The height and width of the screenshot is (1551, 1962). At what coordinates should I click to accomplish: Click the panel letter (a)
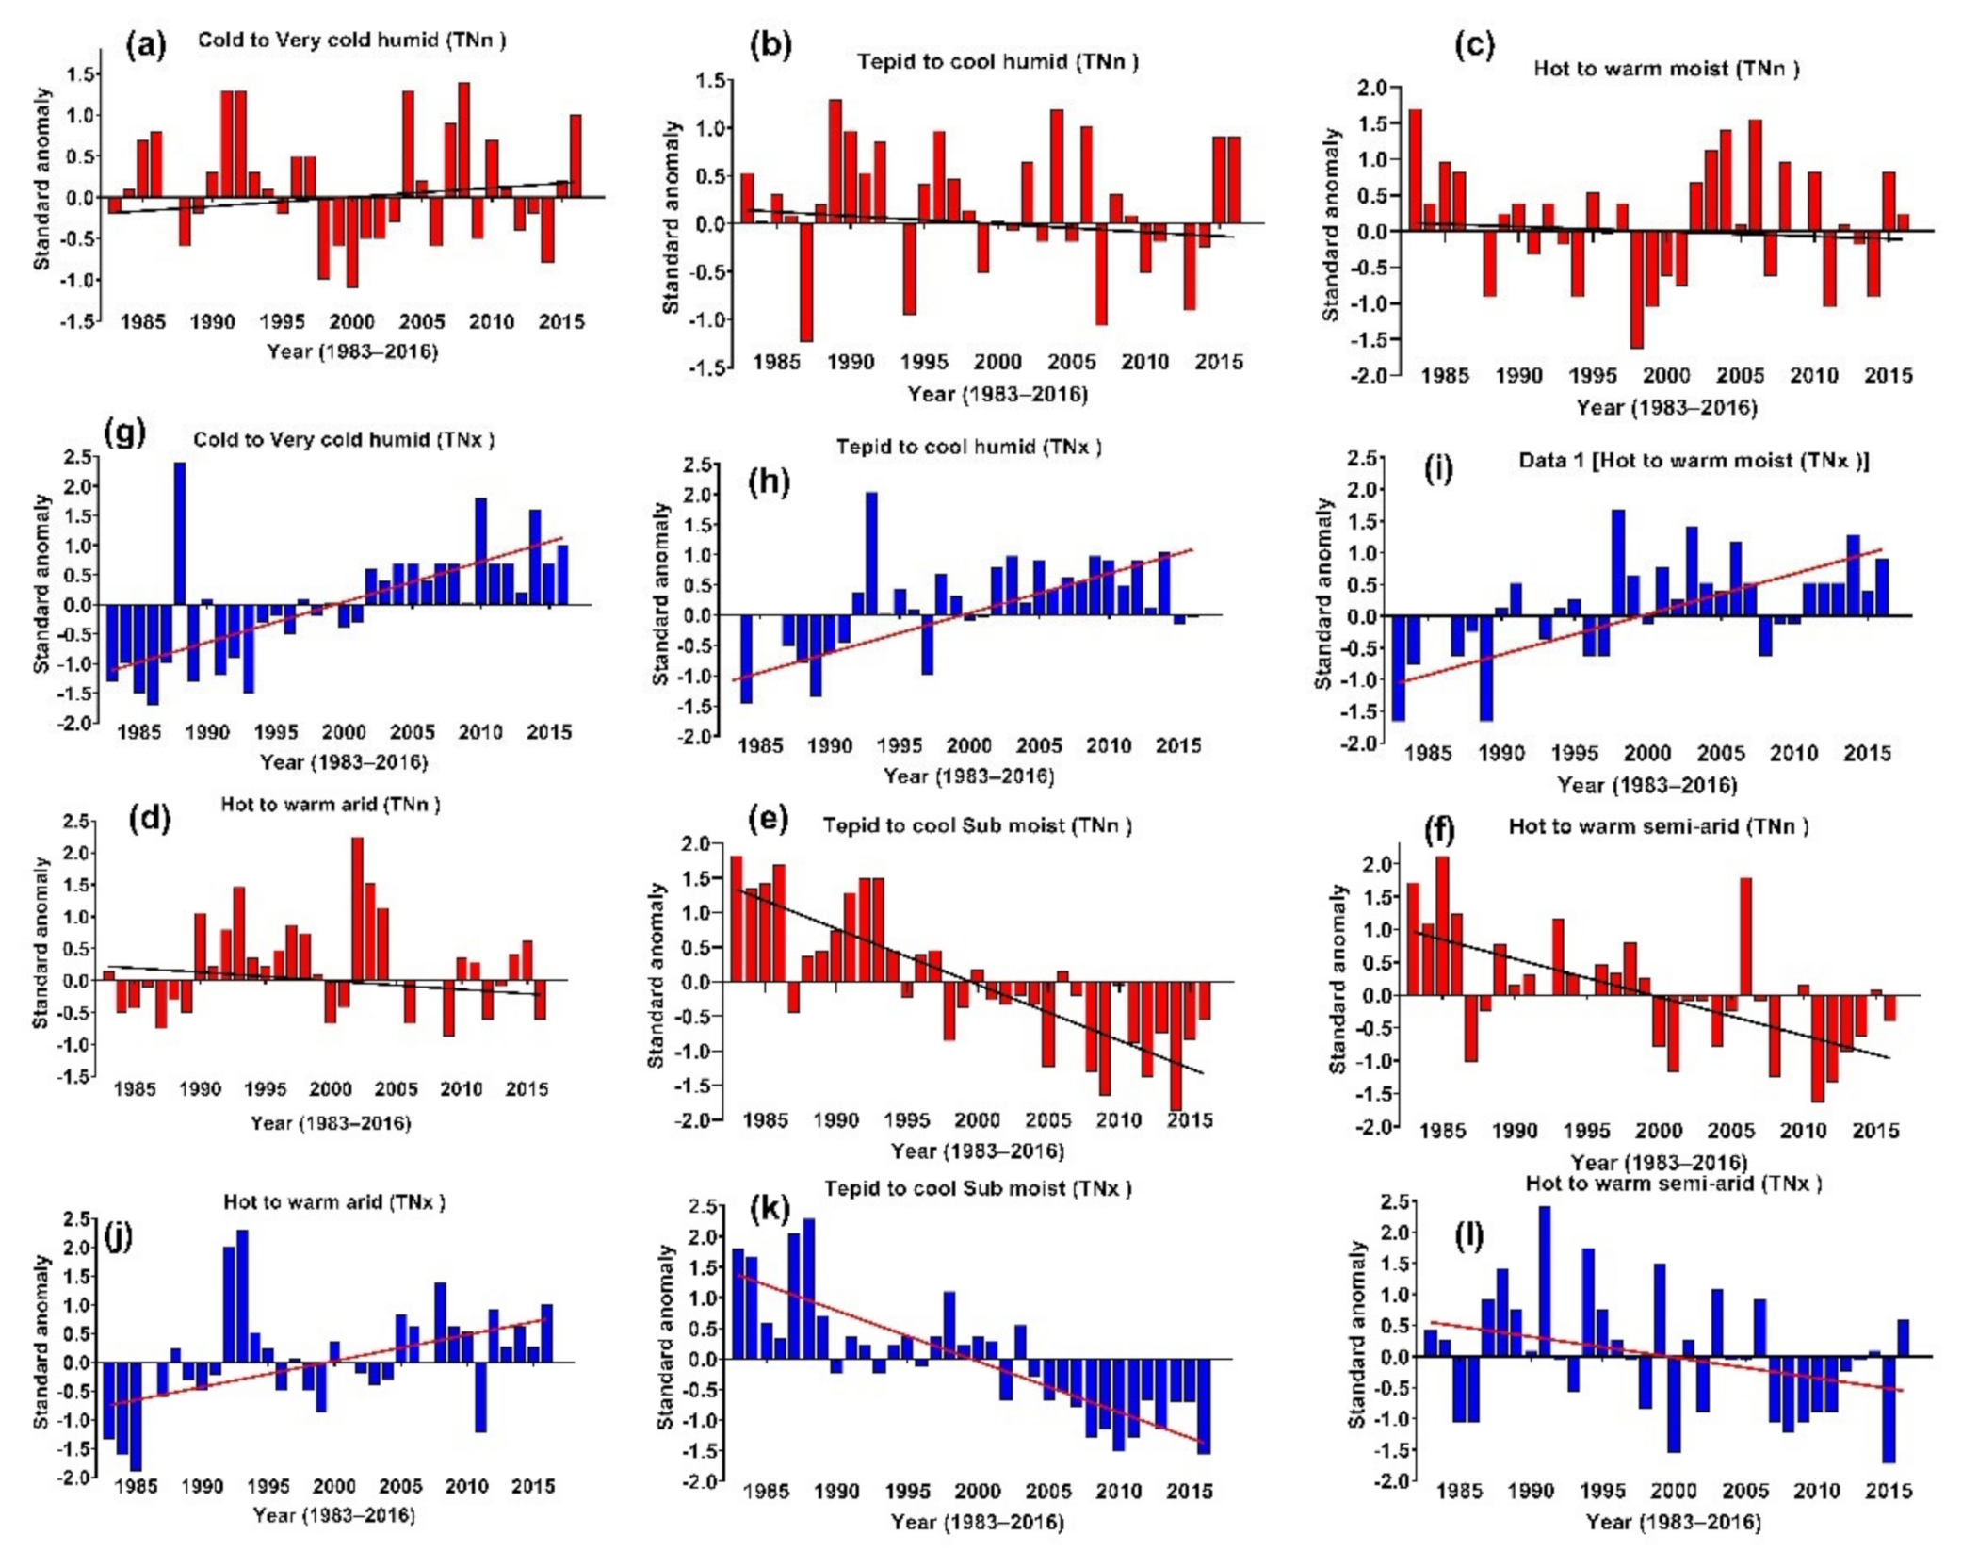click(145, 44)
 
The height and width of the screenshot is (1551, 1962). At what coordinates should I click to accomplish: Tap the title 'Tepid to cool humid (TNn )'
click(997, 62)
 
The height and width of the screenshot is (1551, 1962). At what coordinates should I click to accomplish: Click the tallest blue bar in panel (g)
click(180, 532)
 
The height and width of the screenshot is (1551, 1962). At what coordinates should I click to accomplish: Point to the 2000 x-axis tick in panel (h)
click(968, 746)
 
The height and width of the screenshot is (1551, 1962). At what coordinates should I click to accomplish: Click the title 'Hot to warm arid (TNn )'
click(331, 804)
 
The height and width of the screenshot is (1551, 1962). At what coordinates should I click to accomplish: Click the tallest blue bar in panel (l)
click(1544, 1282)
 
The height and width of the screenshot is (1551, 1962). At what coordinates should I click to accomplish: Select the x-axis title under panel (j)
click(333, 1515)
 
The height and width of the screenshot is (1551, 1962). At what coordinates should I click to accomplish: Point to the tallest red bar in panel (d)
click(357, 908)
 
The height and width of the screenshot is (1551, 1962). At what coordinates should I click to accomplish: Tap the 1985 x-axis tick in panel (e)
click(765, 1120)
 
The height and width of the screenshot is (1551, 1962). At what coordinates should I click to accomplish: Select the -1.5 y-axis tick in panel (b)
click(710, 367)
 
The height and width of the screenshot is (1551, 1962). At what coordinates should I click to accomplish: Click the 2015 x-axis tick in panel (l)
click(1888, 1491)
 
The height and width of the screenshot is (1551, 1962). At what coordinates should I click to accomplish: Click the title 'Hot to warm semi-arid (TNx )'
click(1673, 1184)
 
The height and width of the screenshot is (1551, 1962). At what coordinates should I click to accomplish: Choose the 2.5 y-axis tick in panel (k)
click(704, 1207)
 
